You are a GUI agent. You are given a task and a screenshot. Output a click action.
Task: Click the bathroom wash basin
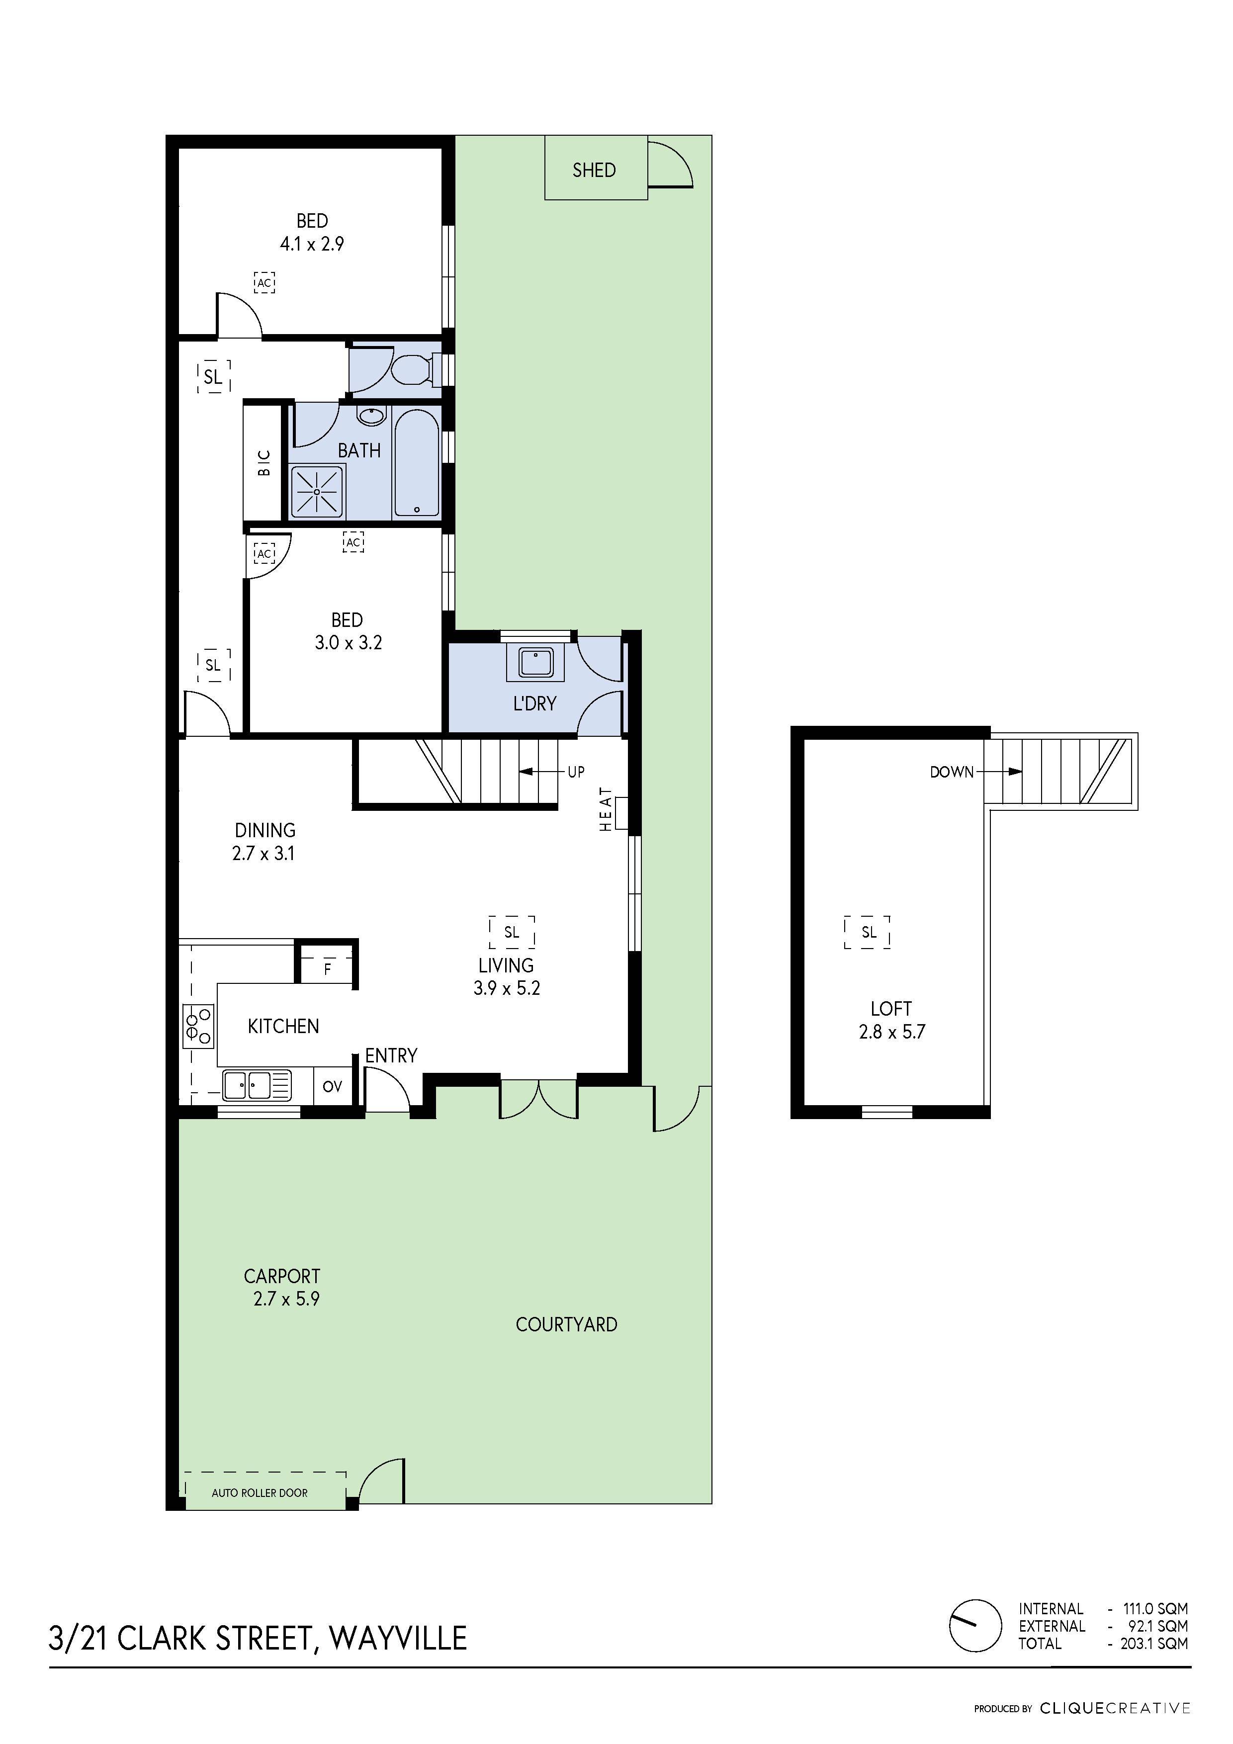[371, 416]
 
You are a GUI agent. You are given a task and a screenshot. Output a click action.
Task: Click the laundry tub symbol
[537, 662]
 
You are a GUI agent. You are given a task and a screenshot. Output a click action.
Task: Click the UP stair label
[576, 772]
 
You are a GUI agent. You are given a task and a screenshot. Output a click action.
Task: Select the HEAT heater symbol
[620, 813]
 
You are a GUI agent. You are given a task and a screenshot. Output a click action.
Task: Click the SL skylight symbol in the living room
[511, 932]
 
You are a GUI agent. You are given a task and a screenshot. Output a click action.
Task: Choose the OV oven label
[332, 1086]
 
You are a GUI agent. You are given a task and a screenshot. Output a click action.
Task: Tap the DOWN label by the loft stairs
[951, 772]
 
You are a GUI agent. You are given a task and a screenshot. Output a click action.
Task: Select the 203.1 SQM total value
[1153, 1644]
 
